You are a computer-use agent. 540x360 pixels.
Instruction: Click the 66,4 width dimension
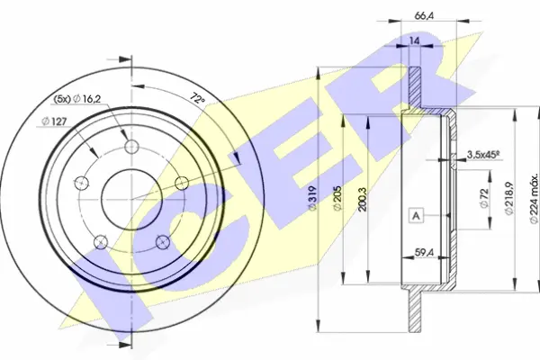pos(424,16)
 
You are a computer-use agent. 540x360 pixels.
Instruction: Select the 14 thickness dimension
pos(415,41)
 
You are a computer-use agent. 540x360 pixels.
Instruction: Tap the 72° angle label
pos(197,100)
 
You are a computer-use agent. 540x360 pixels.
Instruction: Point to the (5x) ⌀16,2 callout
pos(77,99)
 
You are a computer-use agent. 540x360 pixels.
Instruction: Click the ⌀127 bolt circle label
pos(54,121)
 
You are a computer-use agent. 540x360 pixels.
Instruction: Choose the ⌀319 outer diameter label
pos(312,199)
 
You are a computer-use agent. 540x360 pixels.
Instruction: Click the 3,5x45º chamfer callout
pos(482,156)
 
